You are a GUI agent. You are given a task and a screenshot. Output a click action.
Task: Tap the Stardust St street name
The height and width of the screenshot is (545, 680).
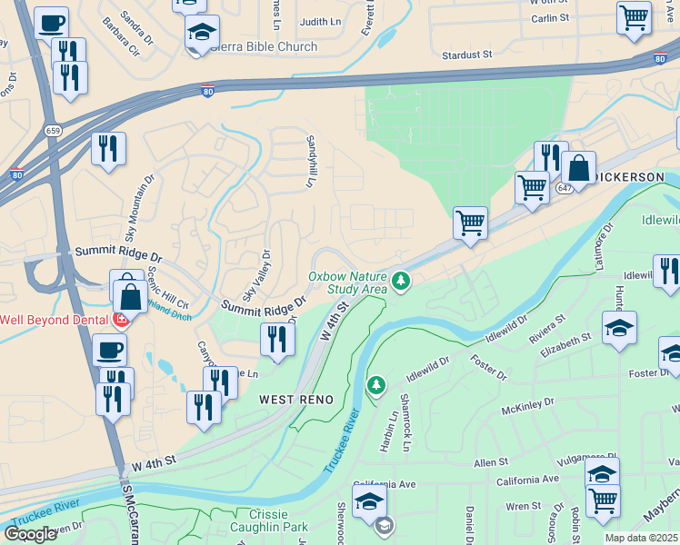click(466, 55)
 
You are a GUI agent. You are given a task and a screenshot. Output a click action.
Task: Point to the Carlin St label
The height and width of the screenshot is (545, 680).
click(550, 17)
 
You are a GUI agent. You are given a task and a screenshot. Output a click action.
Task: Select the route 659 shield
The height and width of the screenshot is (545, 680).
click(54, 129)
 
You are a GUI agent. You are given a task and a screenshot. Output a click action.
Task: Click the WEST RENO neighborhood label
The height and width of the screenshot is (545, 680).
click(296, 400)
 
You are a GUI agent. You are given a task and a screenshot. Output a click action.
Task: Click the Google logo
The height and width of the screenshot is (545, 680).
click(30, 533)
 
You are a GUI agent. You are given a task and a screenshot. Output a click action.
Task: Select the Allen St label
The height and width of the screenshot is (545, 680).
click(491, 463)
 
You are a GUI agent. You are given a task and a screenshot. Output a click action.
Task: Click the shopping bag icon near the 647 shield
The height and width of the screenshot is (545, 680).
click(578, 168)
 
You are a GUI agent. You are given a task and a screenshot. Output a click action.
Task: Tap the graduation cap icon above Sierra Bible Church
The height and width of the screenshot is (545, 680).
click(202, 33)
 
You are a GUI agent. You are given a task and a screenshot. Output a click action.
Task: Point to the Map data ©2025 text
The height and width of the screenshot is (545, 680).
click(641, 538)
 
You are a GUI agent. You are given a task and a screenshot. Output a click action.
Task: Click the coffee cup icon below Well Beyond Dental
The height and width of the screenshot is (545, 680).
click(110, 349)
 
